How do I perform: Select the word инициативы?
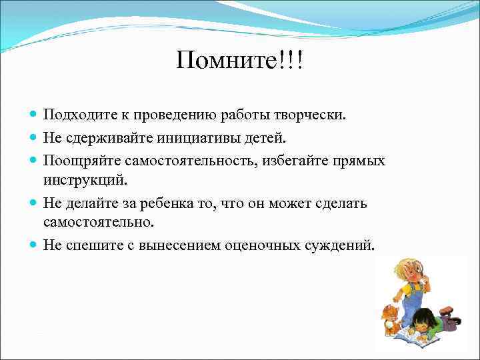(195, 138)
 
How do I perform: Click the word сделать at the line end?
(343, 203)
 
